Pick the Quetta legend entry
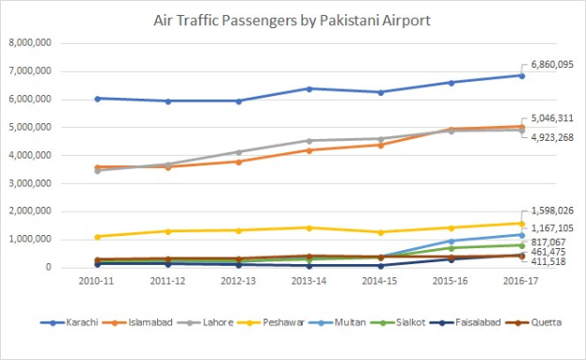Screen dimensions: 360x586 click(546, 322)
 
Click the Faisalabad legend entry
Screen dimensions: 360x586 click(481, 322)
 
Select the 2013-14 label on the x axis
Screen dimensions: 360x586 click(310, 280)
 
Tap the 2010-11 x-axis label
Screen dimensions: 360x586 click(98, 280)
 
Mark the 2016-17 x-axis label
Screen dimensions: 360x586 click(523, 280)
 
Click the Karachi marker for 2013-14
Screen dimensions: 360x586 click(310, 88)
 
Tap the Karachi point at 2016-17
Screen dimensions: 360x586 click(523, 75)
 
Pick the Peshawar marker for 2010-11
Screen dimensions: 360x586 click(98, 237)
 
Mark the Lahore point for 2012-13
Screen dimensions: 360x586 click(239, 152)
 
